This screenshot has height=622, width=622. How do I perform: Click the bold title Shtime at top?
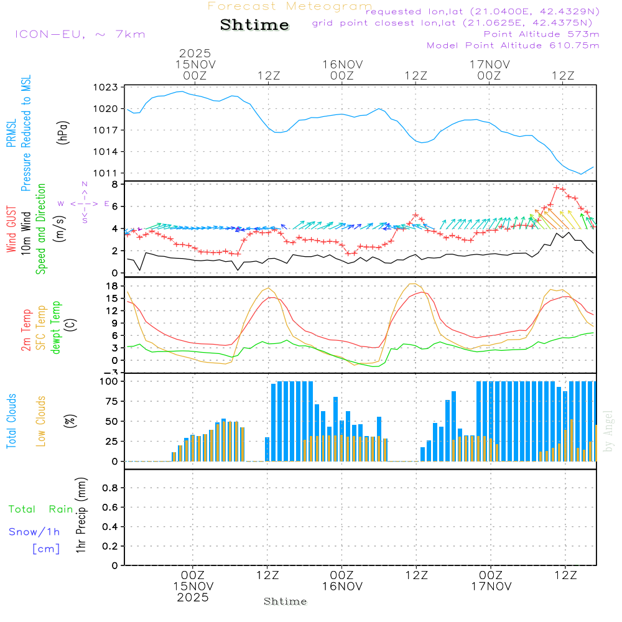pyautogui.click(x=255, y=25)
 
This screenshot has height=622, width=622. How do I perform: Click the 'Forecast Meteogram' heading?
pyautogui.click(x=290, y=6)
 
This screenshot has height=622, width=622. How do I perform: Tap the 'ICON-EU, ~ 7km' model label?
pyautogui.click(x=80, y=34)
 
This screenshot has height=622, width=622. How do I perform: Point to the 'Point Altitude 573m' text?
pyautogui.click(x=541, y=34)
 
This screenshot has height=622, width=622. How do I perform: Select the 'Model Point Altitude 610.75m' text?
pyautogui.click(x=513, y=45)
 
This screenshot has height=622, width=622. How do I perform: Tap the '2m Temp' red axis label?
pyautogui.click(x=26, y=330)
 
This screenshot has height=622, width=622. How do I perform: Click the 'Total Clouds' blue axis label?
pyautogui.click(x=11, y=421)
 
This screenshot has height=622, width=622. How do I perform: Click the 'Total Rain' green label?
pyautogui.click(x=41, y=509)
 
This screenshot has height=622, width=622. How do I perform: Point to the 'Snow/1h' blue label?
pyautogui.click(x=34, y=532)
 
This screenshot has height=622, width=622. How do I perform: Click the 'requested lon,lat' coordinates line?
pyautogui.click(x=482, y=12)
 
